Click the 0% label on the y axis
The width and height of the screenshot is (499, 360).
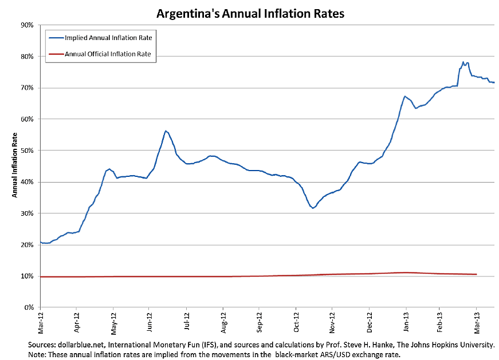click(x=28, y=307)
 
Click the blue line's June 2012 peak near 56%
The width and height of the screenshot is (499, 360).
click(x=166, y=131)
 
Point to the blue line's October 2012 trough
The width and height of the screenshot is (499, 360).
click(x=313, y=208)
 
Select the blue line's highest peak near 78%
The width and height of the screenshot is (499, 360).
click(x=463, y=62)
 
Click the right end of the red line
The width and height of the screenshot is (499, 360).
click(x=477, y=274)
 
